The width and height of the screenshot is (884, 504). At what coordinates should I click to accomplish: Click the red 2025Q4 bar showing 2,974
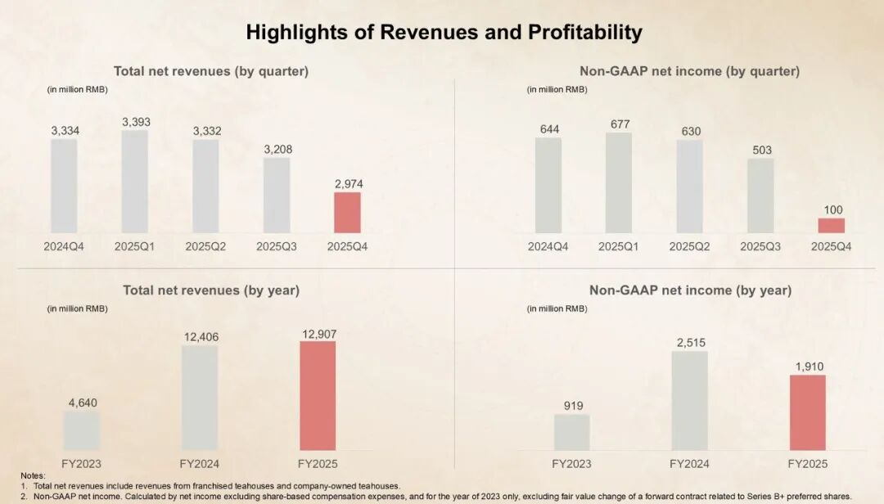[x=347, y=212]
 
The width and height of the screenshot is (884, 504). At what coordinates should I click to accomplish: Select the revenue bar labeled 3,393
[x=135, y=181]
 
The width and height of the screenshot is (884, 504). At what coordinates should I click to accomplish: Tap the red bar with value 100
[x=832, y=225]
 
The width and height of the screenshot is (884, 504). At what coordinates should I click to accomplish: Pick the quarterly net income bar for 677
[x=619, y=182]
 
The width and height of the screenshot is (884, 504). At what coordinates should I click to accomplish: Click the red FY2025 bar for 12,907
[x=318, y=395]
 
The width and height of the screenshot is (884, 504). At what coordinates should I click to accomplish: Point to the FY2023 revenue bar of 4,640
[x=82, y=430]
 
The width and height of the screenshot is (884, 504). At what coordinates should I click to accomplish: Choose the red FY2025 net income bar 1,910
[x=807, y=412]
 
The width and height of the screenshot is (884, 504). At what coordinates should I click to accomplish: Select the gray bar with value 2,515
[x=689, y=400]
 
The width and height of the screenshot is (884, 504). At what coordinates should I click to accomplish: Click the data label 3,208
[x=277, y=150]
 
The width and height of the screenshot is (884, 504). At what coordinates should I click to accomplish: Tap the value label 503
[x=760, y=150]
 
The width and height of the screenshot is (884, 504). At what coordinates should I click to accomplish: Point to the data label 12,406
[x=200, y=336]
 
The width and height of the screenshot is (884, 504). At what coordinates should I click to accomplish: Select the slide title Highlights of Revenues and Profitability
[x=444, y=33]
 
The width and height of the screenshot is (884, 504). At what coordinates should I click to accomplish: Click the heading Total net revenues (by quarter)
[x=211, y=71]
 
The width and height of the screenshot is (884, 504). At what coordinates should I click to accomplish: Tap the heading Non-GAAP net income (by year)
[x=690, y=290]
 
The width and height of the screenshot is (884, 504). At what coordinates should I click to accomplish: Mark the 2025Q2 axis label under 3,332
[x=205, y=246]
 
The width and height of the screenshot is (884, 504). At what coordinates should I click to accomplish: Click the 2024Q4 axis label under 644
[x=548, y=246]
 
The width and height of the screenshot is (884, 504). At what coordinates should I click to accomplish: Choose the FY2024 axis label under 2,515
[x=689, y=464]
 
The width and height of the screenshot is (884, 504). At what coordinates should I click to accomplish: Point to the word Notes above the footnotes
[x=34, y=475]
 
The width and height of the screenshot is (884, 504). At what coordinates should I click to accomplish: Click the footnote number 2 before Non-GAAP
[x=24, y=496]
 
